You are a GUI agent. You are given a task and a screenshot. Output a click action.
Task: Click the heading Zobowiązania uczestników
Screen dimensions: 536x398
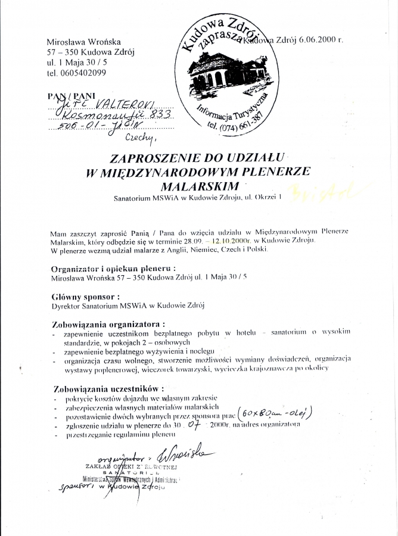[x=105, y=389]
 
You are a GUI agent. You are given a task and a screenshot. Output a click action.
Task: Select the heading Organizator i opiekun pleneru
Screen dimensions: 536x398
[x=113, y=269]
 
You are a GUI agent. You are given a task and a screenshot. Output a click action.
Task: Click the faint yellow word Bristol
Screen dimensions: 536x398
[x=337, y=190]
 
